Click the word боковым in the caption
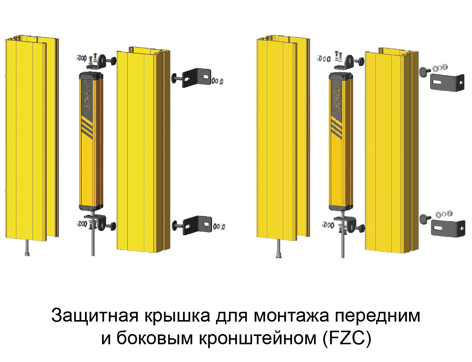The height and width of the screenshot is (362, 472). [x=154, y=338]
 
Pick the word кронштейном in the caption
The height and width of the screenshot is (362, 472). [x=258, y=338]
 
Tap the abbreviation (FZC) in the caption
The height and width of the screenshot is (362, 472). [x=347, y=338]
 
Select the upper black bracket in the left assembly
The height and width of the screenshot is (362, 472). [x=196, y=77]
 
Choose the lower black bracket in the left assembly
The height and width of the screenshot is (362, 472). [x=197, y=225]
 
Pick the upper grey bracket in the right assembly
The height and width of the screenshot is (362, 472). [x=447, y=82]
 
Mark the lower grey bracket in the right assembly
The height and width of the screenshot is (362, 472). [x=448, y=228]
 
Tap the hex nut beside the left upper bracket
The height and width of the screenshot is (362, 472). [x=221, y=81]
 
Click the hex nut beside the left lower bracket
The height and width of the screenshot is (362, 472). [x=222, y=227]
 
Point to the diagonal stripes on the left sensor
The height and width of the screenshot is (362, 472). [x=87, y=127]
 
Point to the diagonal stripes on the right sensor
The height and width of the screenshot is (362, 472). [x=336, y=127]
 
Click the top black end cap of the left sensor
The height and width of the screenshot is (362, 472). [x=91, y=77]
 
